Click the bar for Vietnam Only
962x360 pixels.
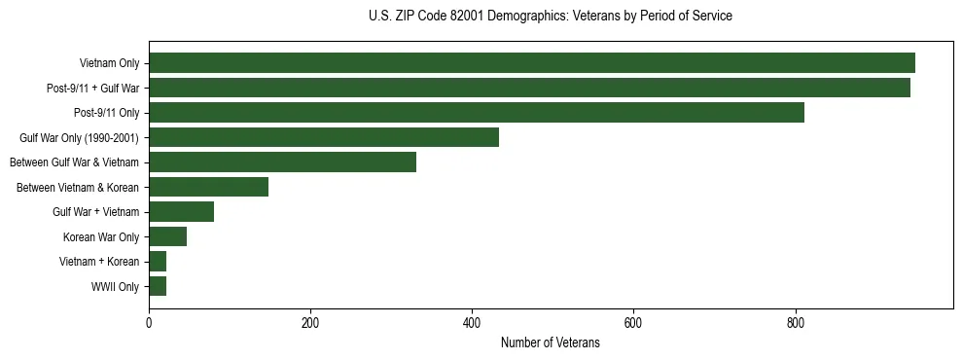(x=532, y=63)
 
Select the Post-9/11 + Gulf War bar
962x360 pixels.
(x=529, y=88)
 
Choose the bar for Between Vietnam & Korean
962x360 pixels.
(x=208, y=187)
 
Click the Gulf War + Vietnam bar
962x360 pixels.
(x=181, y=212)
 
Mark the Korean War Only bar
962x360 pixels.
(x=167, y=236)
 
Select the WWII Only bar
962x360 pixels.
(x=158, y=286)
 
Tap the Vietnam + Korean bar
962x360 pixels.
(x=158, y=262)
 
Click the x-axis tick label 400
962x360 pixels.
(x=472, y=323)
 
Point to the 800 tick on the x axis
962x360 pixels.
(x=795, y=323)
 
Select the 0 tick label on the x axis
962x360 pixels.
(x=149, y=323)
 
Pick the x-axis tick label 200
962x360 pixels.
(x=310, y=323)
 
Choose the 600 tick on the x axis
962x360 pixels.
(x=633, y=323)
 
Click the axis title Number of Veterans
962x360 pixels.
(x=550, y=343)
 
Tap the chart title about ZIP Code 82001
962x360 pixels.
(x=550, y=17)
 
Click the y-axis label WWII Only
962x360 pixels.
(x=115, y=287)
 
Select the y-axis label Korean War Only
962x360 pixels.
(x=101, y=237)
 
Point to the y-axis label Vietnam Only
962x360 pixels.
(x=109, y=64)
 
